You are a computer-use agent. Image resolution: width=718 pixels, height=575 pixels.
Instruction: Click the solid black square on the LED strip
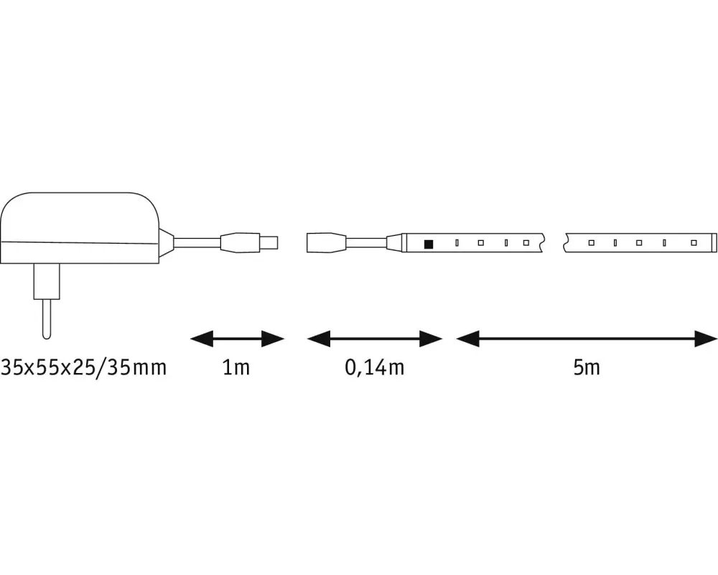[x=429, y=244]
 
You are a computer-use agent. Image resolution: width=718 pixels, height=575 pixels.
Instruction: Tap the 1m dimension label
[x=236, y=368]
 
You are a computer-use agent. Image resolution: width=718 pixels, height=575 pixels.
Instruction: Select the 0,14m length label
[x=374, y=368]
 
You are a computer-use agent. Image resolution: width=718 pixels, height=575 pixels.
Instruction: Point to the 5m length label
[x=586, y=368]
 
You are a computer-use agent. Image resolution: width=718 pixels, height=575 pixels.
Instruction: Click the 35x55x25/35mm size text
[x=84, y=368]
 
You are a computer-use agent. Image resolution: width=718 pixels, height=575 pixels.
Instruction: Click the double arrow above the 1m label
[x=238, y=338]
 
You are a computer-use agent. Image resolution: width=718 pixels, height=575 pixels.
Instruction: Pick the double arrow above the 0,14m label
[x=374, y=338]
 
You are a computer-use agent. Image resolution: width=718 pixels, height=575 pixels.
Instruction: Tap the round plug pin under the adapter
[x=47, y=316]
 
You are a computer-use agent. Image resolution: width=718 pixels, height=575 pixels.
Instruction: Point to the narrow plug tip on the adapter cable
[x=270, y=242]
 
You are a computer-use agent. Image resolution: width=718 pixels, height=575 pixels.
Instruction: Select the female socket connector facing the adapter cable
[x=327, y=242]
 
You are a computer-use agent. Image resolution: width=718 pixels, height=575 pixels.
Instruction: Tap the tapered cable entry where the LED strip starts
[x=393, y=242]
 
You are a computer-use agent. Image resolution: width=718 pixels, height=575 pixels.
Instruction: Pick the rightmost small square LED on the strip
[x=693, y=243]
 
